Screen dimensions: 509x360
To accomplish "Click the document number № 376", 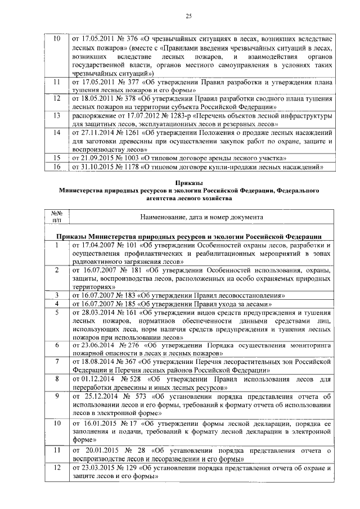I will pos(124,39).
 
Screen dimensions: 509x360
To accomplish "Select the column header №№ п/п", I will pos(56,217).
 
